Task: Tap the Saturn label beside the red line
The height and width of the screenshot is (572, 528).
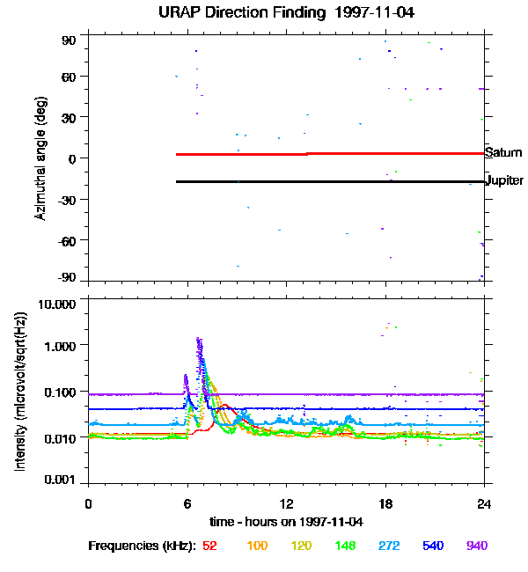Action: tap(504, 152)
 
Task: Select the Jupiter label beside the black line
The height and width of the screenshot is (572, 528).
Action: tap(505, 180)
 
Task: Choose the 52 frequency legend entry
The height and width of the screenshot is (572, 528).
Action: tap(209, 546)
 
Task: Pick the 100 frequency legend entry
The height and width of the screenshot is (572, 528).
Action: tap(257, 546)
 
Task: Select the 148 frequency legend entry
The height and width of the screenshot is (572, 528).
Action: tap(344, 546)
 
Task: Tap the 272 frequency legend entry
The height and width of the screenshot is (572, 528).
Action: tap(388, 546)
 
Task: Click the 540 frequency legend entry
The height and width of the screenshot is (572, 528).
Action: tap(432, 546)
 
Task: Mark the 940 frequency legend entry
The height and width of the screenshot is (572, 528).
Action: tap(476, 546)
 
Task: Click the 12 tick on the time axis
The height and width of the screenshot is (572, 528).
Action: tap(286, 503)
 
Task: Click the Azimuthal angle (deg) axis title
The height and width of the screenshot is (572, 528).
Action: tap(40, 158)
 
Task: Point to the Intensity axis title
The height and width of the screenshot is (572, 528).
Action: tap(19, 392)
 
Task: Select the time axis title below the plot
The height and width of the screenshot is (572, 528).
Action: tap(287, 521)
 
